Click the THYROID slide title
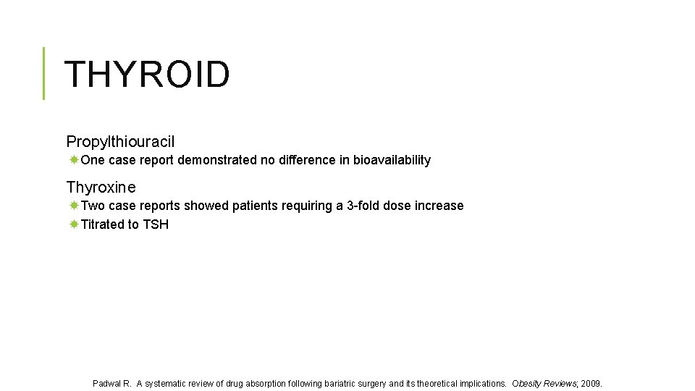(147, 74)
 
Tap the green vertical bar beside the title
(43, 72)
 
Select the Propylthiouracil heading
(120, 142)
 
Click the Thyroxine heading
(101, 188)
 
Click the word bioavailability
(392, 160)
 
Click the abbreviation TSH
(156, 224)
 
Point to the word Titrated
(102, 224)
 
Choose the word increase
(439, 206)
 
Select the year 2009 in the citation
(591, 383)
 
